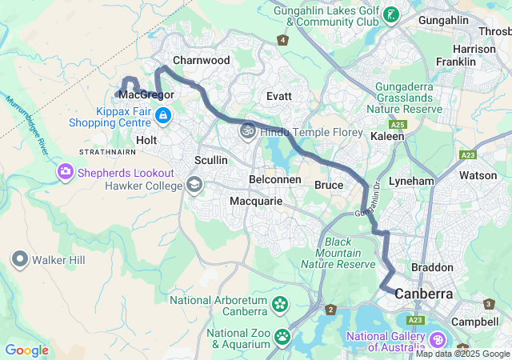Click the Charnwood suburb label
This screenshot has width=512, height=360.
pos(201,61)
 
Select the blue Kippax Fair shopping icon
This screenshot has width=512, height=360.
pos(163,116)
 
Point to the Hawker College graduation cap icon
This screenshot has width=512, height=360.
pos(193,186)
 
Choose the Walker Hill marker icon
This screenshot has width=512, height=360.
pos(19,259)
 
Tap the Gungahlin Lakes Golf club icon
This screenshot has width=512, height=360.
pos(391,15)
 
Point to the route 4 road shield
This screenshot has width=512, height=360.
pos(282,39)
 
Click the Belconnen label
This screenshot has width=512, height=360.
pos(275,180)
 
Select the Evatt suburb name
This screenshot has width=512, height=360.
pos(279,96)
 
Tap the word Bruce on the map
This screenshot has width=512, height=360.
pos(329,186)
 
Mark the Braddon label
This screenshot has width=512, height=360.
pos(432,267)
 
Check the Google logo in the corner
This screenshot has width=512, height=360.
pos(26,350)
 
